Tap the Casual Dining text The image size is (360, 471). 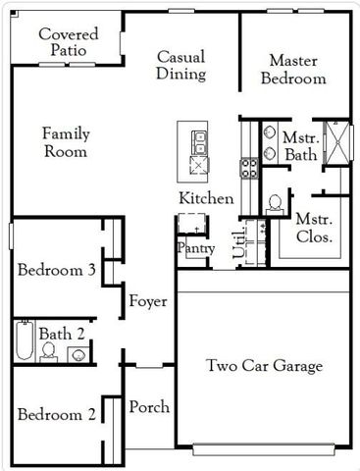click(180, 65)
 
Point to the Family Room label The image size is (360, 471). click(65, 142)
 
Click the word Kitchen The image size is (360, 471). click(206, 199)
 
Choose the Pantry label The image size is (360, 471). click(195, 249)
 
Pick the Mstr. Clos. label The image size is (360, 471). click(314, 229)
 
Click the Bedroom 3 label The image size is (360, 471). click(56, 271)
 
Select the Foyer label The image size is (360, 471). click(148, 301)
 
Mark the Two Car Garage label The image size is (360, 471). click(264, 366)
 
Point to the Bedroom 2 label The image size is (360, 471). click(56, 413)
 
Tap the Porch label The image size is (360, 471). click(149, 407)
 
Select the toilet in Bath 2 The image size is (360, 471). click(47, 350)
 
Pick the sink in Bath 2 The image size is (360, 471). click(77, 352)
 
